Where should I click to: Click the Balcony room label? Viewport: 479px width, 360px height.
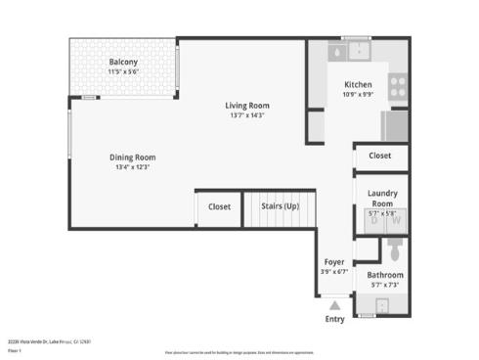tap(123, 63)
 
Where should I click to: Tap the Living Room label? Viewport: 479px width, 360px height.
tap(247, 106)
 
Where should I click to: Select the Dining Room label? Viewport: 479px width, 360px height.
tap(131, 157)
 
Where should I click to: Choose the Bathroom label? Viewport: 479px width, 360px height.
tap(385, 275)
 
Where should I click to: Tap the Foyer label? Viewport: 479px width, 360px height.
tap(335, 263)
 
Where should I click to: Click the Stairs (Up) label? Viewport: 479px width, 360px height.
tap(280, 206)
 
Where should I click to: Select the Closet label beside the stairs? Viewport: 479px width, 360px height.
tap(219, 206)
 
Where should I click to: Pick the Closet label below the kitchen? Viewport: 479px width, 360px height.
tap(379, 156)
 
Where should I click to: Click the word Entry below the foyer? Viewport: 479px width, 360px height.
tap(334, 320)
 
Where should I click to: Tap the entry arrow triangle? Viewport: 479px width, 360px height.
tap(334, 306)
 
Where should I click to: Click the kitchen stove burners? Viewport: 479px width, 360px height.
tap(398, 86)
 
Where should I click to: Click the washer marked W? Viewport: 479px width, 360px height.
tap(396, 221)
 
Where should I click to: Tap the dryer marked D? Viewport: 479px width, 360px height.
tap(374, 221)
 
